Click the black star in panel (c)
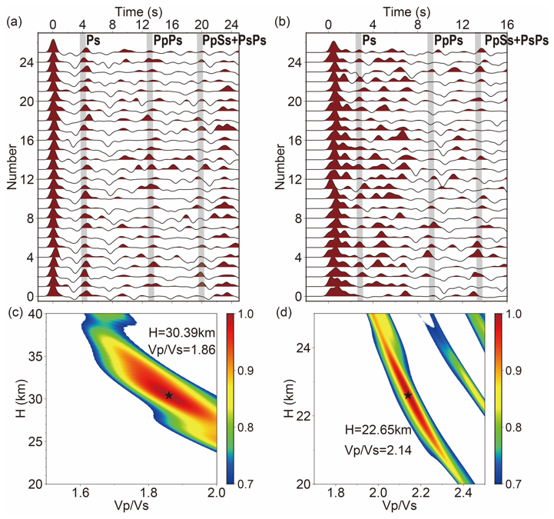tap(168, 395)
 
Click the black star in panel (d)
tap(408, 395)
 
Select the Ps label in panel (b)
tap(370, 39)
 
